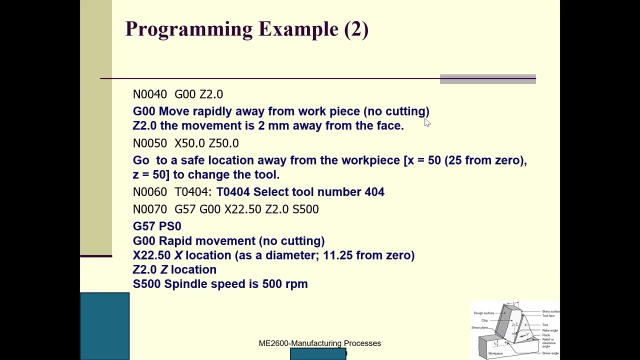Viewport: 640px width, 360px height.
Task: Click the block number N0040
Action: click(150, 94)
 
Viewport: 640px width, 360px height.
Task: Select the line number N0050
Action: click(150, 143)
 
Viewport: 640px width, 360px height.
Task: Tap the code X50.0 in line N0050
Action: click(189, 143)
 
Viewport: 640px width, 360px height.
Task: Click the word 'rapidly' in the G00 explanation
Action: click(212, 111)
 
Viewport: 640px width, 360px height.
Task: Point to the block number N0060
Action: click(150, 192)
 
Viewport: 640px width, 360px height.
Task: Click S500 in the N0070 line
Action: click(305, 209)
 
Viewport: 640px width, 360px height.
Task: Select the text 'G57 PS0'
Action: click(157, 226)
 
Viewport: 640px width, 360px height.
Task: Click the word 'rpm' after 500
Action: click(296, 284)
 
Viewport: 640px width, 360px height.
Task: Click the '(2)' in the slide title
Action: click(356, 29)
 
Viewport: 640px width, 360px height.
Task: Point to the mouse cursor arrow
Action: click(426, 122)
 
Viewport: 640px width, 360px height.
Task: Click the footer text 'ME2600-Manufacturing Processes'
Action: click(319, 343)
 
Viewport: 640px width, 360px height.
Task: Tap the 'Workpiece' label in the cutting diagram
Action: click(495, 353)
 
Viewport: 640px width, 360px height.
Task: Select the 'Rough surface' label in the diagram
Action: click(483, 313)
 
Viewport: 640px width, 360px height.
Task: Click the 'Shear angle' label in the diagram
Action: click(550, 353)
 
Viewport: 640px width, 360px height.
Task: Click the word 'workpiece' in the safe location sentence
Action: click(370, 160)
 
